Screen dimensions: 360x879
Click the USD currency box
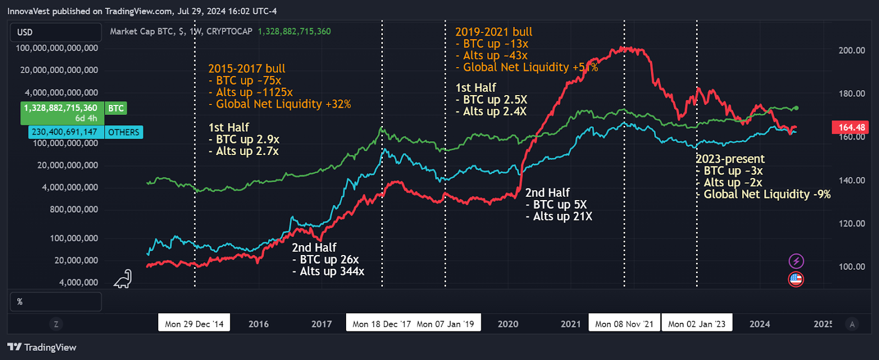click(55, 32)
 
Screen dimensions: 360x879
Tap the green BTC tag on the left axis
click(116, 108)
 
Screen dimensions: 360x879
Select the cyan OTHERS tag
click(124, 132)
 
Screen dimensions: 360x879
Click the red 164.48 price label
click(851, 128)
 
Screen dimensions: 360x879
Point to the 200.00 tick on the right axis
click(852, 50)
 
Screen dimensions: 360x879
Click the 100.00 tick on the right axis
click(852, 267)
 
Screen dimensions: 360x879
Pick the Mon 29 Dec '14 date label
click(194, 324)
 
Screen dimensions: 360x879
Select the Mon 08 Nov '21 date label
click(624, 324)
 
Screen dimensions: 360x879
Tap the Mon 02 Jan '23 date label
click(697, 324)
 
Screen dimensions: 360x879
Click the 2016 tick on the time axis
click(258, 324)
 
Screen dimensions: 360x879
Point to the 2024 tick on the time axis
click(759, 324)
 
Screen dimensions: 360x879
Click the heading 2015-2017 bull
click(247, 69)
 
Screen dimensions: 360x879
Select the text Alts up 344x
click(332, 272)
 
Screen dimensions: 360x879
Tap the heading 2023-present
click(730, 159)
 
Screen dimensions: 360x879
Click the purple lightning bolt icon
click(796, 261)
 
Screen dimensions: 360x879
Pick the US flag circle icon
click(796, 279)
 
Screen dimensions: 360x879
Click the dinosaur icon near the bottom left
click(123, 279)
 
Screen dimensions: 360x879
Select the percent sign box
click(55, 302)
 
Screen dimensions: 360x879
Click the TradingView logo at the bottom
click(42, 347)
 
